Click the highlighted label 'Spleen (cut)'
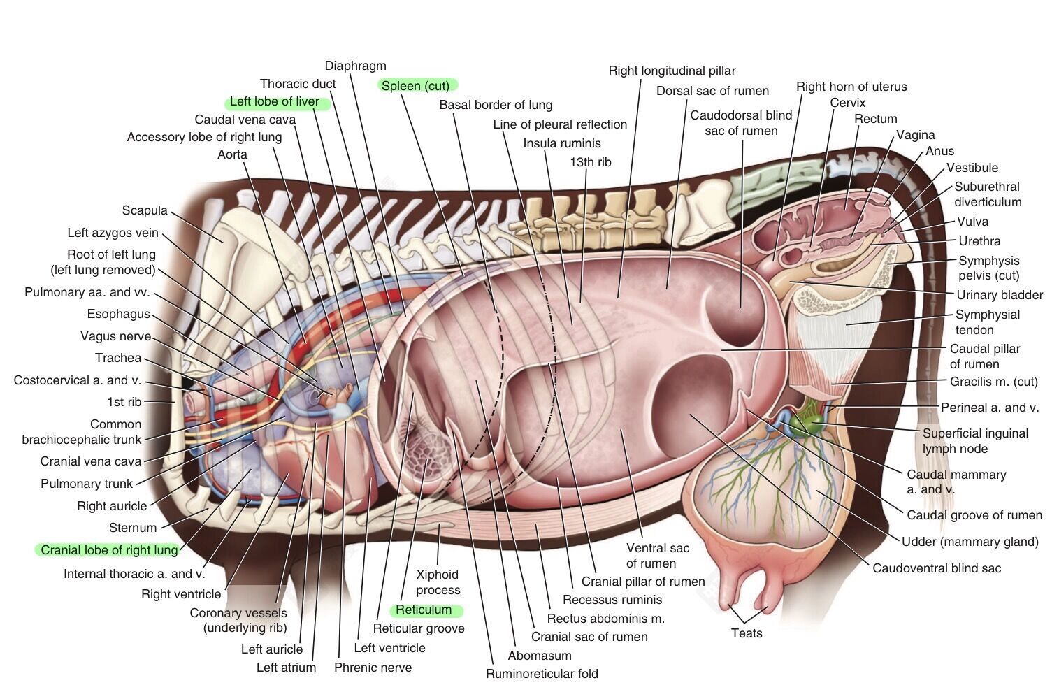tap(416, 85)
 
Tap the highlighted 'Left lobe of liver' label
tap(274, 101)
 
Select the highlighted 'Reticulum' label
tap(424, 610)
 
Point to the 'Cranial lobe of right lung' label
tap(109, 549)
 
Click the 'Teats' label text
tap(747, 633)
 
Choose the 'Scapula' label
tap(145, 210)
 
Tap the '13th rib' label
tap(591, 162)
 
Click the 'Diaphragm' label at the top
tap(355, 66)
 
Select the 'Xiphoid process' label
tap(438, 582)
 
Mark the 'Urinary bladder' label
tap(1000, 295)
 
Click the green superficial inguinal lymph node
tap(810, 421)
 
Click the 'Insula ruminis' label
tap(561, 143)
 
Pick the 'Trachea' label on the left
tap(118, 358)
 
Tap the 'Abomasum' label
tap(540, 656)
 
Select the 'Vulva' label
tap(972, 222)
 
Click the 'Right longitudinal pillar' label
tap(672, 71)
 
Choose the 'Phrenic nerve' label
tap(373, 668)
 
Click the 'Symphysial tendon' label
tap(987, 322)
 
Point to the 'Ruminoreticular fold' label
tap(542, 673)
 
